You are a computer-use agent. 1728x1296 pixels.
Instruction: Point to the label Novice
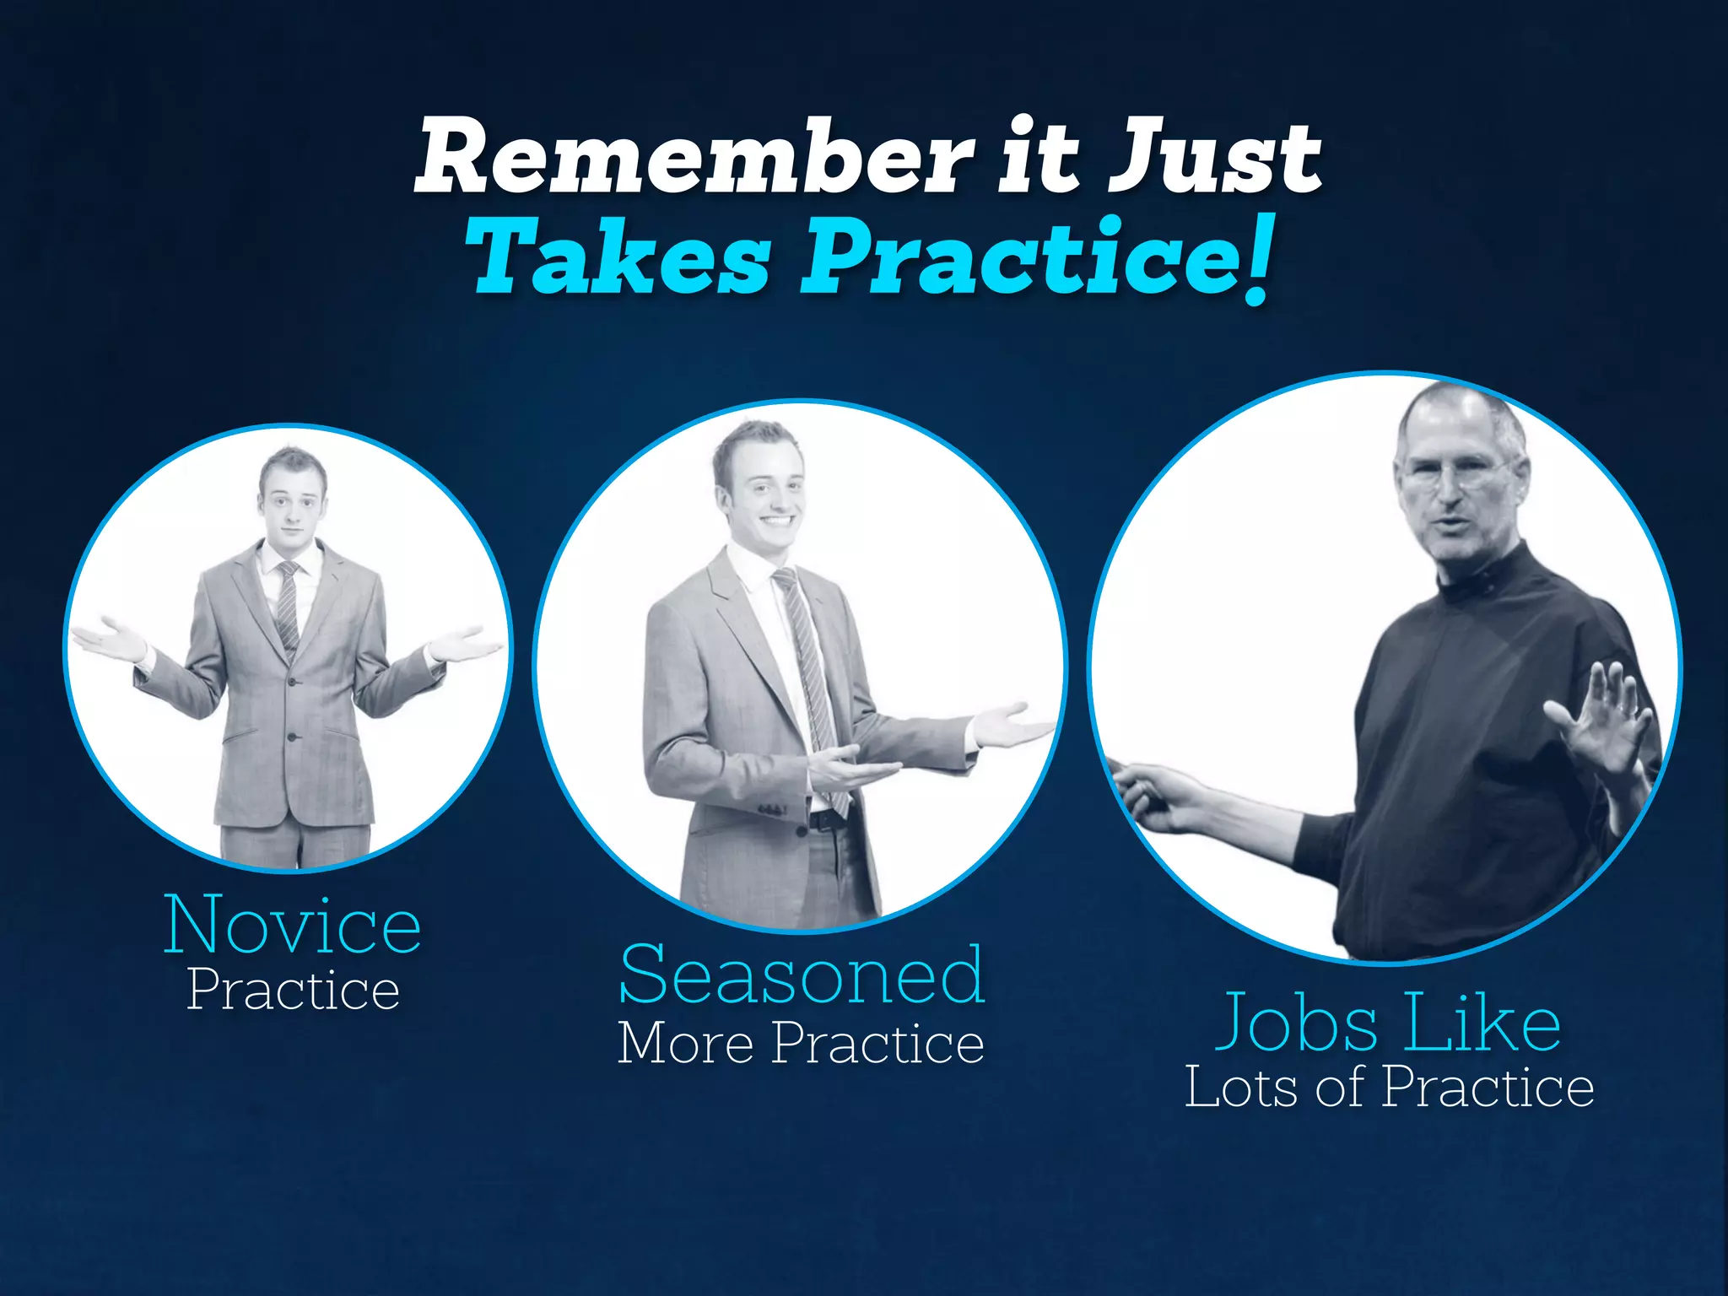[x=292, y=926]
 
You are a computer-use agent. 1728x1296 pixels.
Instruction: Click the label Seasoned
[x=802, y=976]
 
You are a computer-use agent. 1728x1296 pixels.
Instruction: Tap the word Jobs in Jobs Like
[x=1295, y=1024]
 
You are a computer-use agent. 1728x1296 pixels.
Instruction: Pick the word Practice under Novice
[x=293, y=990]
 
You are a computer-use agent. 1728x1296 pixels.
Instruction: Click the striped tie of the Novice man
[x=288, y=607]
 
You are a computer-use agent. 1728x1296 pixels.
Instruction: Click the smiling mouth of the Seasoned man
[x=777, y=521]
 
